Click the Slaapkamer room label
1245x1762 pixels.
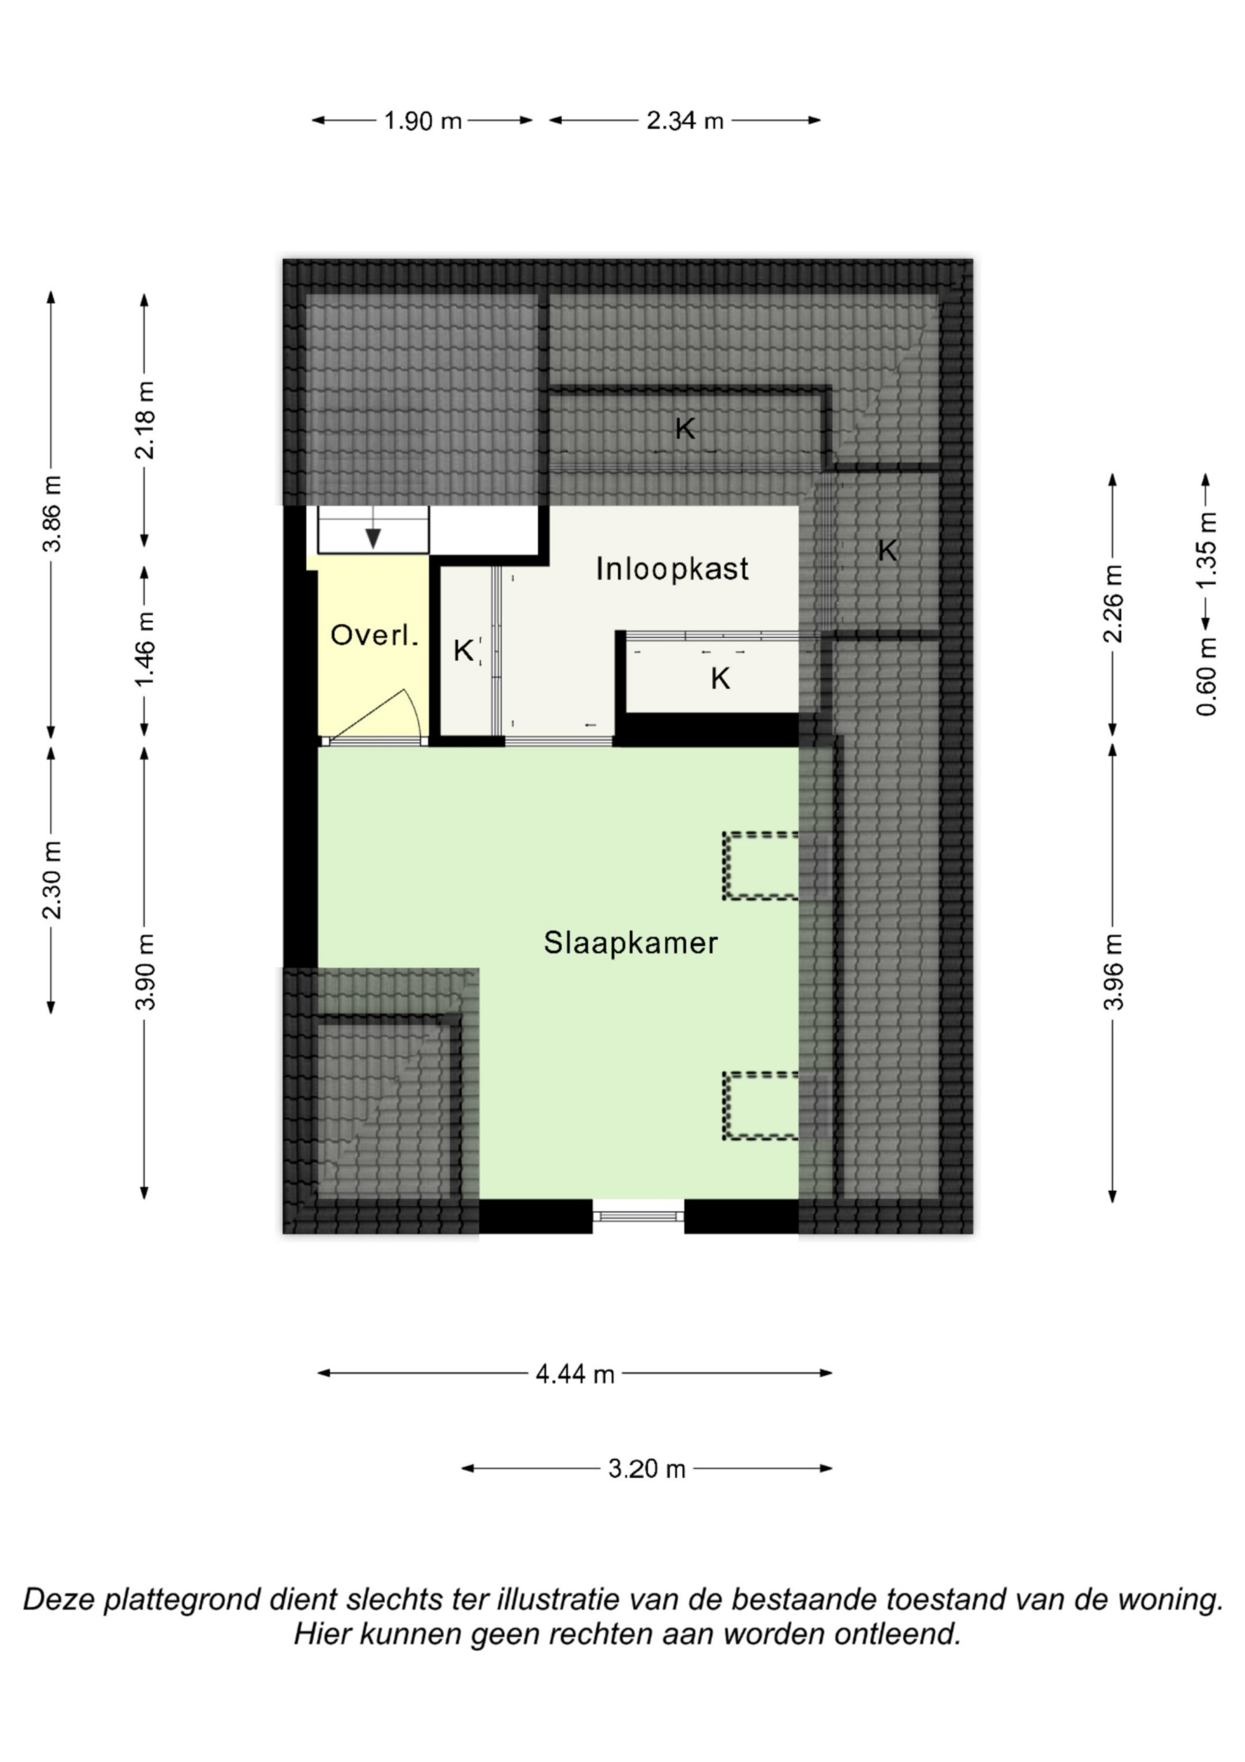[x=631, y=943]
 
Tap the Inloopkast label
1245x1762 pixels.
[x=672, y=569]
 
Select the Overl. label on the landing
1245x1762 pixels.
[x=374, y=635]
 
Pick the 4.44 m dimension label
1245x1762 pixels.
[x=575, y=1374]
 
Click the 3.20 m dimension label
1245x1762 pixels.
[x=647, y=1469]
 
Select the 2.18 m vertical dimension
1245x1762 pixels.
[x=145, y=420]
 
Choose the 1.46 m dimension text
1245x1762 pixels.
[x=145, y=649]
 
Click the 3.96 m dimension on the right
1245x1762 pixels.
[x=1113, y=972]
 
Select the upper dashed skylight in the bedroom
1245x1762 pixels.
[x=760, y=866]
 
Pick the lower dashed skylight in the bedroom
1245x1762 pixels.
[x=760, y=1106]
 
